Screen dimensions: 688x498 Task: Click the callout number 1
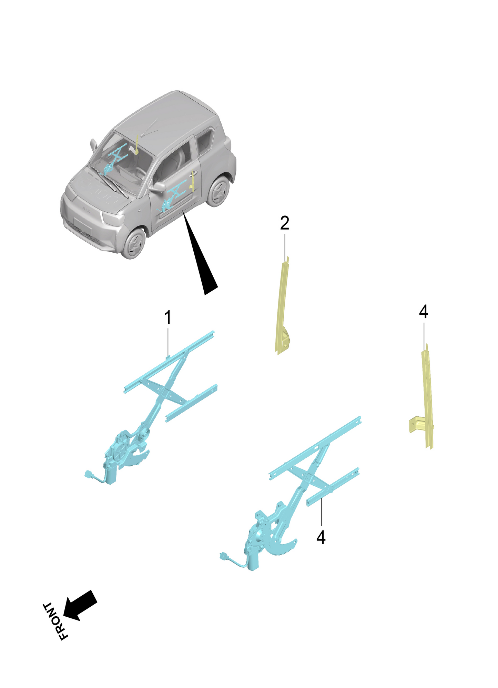point(168,317)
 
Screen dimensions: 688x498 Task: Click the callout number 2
point(285,223)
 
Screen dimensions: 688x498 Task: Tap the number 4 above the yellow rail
point(424,312)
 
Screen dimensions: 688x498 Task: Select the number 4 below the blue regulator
point(321,537)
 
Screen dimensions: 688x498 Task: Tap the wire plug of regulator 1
point(89,474)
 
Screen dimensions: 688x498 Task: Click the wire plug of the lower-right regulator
point(223,556)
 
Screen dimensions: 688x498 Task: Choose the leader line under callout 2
point(285,246)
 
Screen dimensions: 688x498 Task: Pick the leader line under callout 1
point(168,341)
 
